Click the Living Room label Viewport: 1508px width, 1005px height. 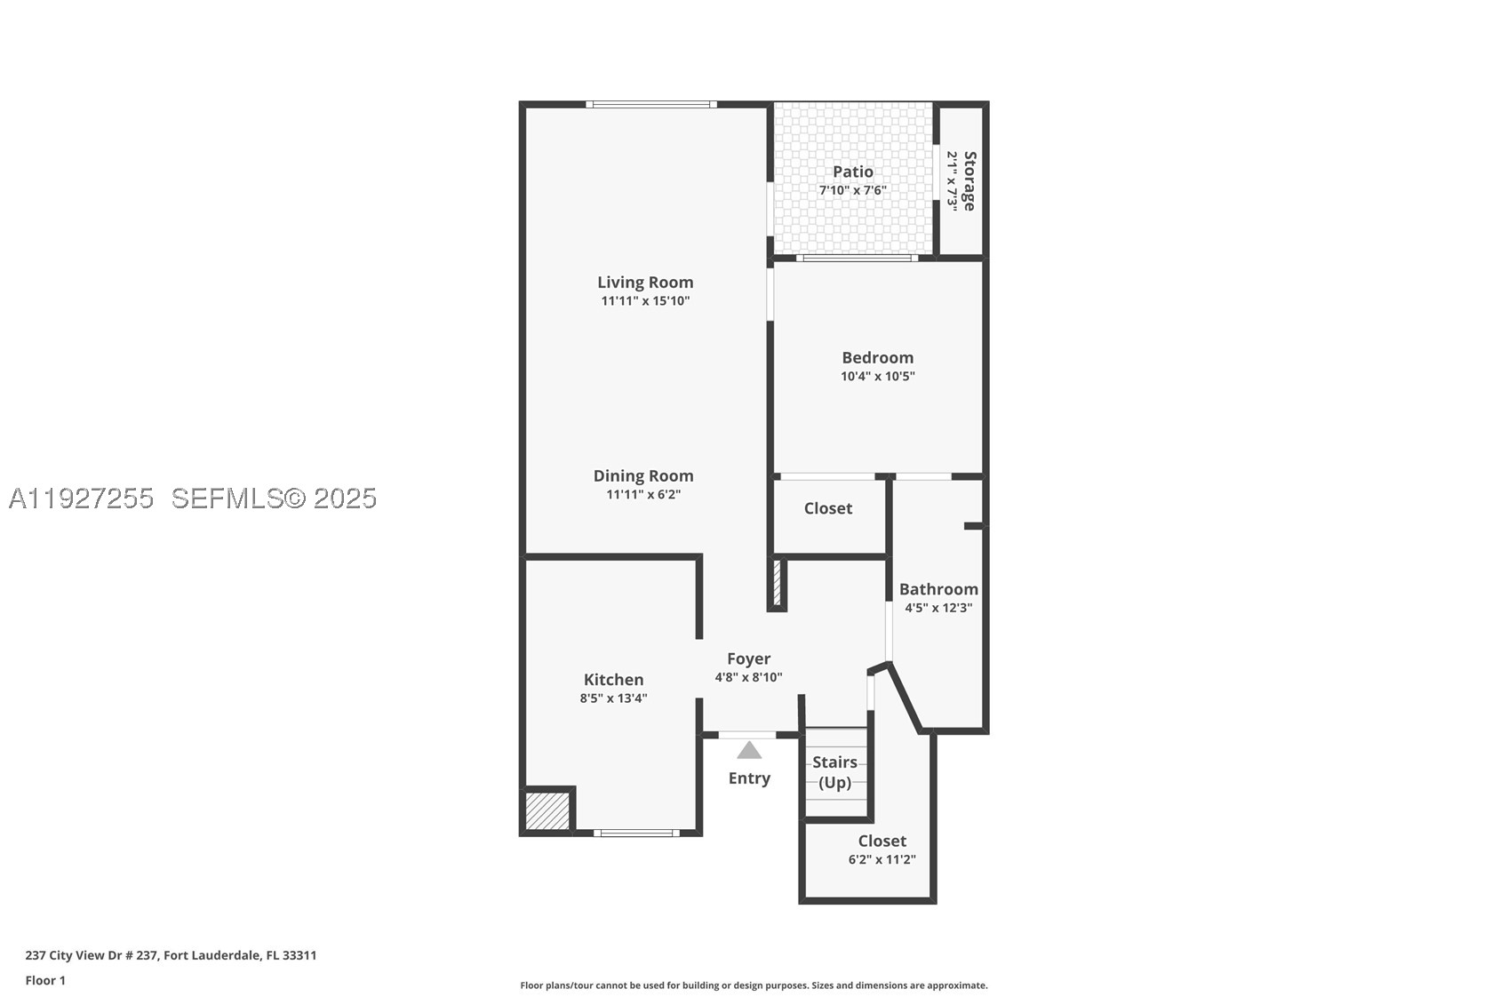[645, 283]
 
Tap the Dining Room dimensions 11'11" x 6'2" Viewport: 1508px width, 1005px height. [643, 495]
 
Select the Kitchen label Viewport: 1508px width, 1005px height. [613, 680]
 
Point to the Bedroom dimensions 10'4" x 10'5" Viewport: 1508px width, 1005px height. [878, 376]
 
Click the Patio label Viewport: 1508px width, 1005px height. [853, 172]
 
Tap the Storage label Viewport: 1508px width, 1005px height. [969, 181]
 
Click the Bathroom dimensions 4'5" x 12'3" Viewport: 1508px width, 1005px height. [938, 608]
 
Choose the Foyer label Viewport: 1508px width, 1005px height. [748, 659]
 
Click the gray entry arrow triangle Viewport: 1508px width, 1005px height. [749, 751]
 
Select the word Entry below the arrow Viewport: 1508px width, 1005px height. [749, 778]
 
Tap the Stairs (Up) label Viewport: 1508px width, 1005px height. [834, 772]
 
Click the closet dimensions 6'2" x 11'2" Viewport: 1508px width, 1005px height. [882, 859]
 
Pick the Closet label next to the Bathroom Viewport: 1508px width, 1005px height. [828, 509]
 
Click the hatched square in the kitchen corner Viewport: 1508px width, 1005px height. [547, 812]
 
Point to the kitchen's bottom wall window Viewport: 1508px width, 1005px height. [636, 834]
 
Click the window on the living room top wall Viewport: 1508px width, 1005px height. [651, 104]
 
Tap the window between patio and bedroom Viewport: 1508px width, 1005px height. [857, 258]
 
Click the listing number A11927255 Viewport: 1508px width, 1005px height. [81, 499]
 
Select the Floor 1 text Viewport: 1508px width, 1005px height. [46, 981]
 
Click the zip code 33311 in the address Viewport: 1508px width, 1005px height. [299, 955]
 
